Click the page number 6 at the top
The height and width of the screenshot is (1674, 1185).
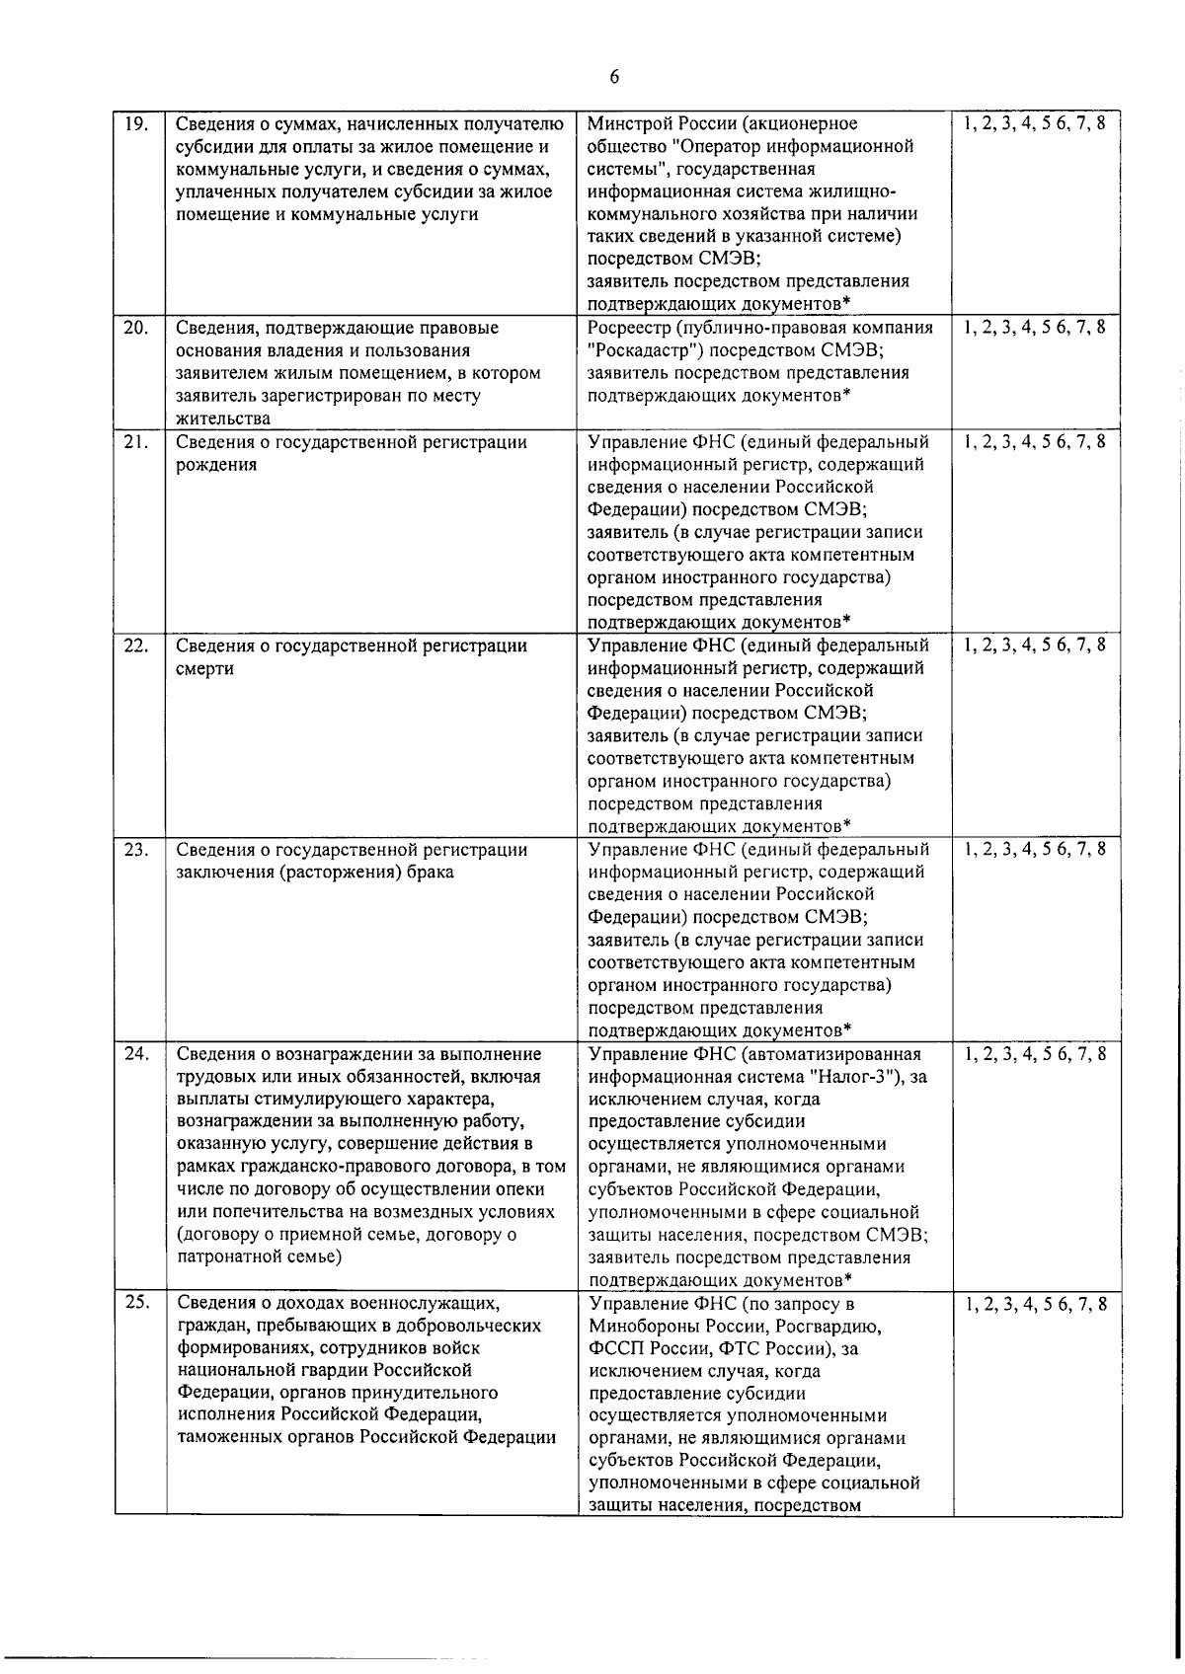pyautogui.click(x=614, y=78)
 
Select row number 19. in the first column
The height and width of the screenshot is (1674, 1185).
pyautogui.click(x=136, y=123)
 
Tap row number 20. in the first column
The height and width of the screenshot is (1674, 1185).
pyautogui.click(x=136, y=328)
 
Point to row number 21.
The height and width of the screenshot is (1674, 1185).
pyautogui.click(x=136, y=441)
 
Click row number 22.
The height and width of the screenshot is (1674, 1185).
pyautogui.click(x=136, y=646)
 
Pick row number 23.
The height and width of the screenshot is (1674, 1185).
pyautogui.click(x=136, y=849)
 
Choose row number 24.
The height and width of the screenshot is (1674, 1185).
pyautogui.click(x=136, y=1053)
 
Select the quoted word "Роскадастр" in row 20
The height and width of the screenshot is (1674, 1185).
pyautogui.click(x=640, y=350)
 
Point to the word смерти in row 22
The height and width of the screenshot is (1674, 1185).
pyautogui.click(x=204, y=668)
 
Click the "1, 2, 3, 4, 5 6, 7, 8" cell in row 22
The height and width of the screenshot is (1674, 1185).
pyautogui.click(x=1035, y=646)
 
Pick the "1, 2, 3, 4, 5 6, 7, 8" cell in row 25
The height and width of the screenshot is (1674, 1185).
pyautogui.click(x=1035, y=1304)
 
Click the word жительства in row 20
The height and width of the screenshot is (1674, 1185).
pyautogui.click(x=222, y=418)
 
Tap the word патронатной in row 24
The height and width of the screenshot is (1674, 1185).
pyautogui.click(x=230, y=1257)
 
